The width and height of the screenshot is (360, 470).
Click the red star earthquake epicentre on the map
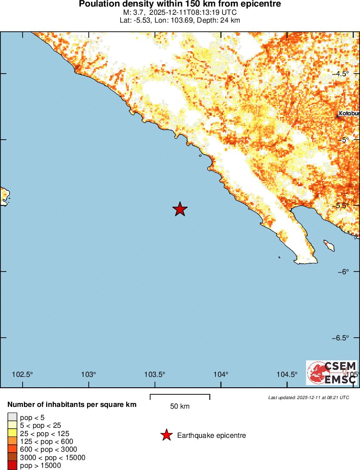coord(180,209)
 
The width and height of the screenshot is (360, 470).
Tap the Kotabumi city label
coord(349,114)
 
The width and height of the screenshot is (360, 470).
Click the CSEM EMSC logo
coord(332,373)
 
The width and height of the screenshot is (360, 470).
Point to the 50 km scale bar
coord(180,396)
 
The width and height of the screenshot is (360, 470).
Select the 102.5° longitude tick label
coord(22,375)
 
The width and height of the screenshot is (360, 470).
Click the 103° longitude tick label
coord(88,375)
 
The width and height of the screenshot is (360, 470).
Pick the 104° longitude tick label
coord(221,375)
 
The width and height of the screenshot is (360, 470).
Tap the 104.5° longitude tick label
coord(287,375)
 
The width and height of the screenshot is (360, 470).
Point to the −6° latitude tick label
coord(343,272)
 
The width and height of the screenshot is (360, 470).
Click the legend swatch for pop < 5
coord(13,418)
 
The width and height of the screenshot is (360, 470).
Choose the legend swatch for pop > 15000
coord(13,466)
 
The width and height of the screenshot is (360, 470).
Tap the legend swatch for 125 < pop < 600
coord(13,442)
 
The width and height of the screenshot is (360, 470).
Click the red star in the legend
coord(166,435)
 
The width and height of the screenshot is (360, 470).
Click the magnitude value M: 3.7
coord(134,13)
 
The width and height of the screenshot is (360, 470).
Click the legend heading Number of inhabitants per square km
coord(72,405)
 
